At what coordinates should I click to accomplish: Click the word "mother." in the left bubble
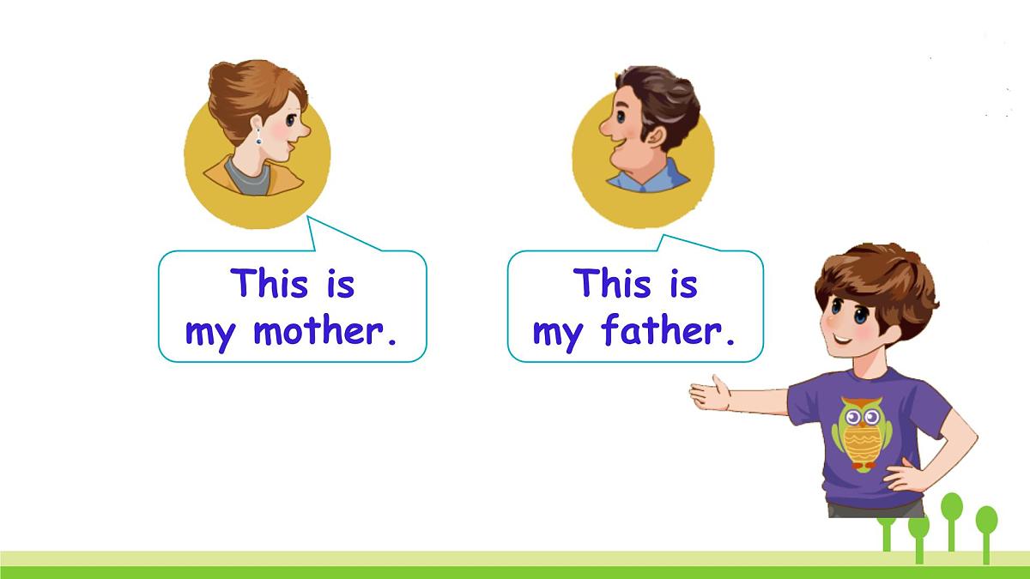326,330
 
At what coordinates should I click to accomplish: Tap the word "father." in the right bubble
669,330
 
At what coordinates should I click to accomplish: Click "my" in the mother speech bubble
209,333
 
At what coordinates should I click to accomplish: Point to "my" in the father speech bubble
557,333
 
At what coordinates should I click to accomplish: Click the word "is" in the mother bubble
340,283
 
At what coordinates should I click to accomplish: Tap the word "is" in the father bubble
683,283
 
